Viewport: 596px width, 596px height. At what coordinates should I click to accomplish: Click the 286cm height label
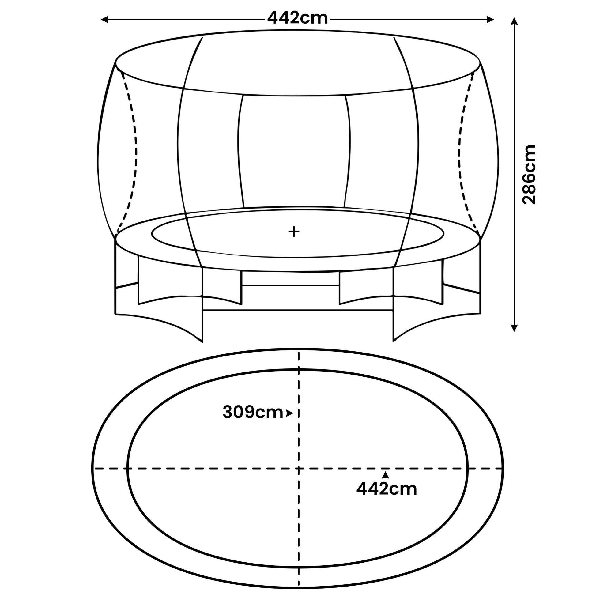(x=529, y=175)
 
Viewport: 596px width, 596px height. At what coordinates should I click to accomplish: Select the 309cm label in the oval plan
(x=253, y=413)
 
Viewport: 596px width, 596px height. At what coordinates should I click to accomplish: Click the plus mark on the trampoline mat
(x=294, y=231)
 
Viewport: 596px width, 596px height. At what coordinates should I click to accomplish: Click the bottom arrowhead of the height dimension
(x=514, y=328)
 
